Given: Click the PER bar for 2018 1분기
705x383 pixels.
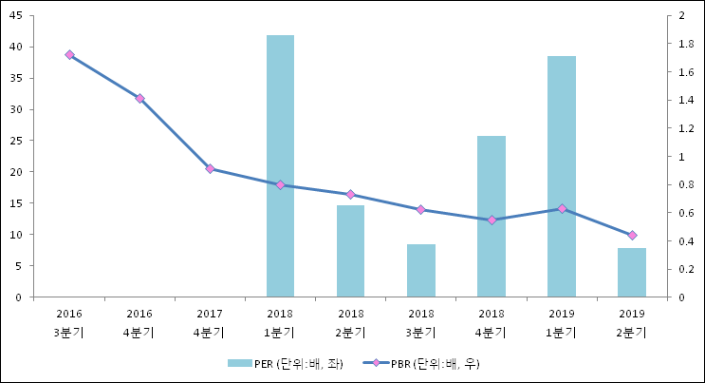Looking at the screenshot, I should pos(280,166).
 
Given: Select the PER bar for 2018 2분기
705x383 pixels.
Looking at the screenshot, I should pos(350,251).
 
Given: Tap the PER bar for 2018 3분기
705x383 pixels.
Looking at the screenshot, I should pos(420,271).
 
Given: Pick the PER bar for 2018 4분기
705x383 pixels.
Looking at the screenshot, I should pos(491,217).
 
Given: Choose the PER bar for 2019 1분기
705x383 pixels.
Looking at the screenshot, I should pos(561,177).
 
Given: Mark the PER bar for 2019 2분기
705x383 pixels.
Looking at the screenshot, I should pos(631,273).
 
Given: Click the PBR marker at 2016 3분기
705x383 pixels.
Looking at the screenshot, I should pos(69,55).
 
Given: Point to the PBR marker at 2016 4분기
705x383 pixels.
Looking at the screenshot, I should pos(139,99).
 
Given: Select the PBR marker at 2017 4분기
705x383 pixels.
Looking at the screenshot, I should pos(210,169).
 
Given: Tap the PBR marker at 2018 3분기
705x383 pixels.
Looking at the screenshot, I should pos(420,209).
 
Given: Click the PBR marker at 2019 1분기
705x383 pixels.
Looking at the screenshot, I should pos(561,208).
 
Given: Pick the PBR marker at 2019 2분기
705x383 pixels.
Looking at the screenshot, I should pos(631,235).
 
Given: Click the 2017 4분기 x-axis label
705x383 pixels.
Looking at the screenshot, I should pos(210,322).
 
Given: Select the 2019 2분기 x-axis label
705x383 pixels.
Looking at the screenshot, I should pos(631,322).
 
